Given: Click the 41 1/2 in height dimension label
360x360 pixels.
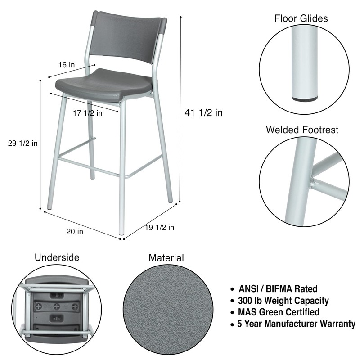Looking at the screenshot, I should pos(203,113).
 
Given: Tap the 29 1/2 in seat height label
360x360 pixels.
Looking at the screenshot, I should pos(22,144).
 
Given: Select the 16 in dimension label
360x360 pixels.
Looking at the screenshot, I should pos(66,65).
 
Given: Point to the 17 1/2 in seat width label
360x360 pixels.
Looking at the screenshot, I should pos(87,113).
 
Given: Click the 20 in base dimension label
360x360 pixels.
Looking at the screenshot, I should pos(75,232).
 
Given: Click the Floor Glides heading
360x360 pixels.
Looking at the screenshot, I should pos(301,18).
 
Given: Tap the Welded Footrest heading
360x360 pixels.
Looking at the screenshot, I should pos(302,130).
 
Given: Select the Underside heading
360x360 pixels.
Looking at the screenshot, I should pos(57,257).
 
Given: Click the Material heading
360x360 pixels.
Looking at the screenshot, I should pos(166,258).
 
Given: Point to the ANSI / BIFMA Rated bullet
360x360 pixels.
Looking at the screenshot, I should pos(278,289).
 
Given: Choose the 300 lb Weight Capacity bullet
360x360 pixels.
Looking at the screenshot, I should pos(283,301).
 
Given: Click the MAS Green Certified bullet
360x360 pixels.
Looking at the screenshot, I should pos(279,312).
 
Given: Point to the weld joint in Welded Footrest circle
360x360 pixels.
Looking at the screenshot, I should pos(314,182).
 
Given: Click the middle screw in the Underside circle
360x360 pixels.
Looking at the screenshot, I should pos(57,306).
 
